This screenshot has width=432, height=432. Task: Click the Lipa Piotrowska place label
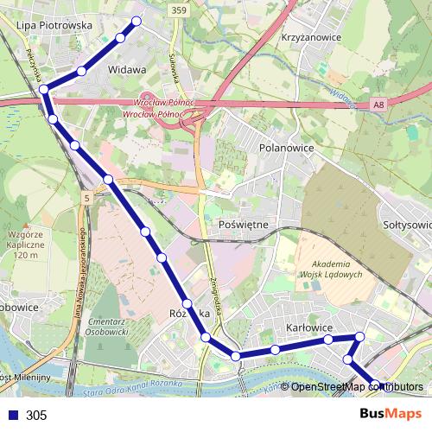click(54, 26)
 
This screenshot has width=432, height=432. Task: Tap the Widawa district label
click(126, 67)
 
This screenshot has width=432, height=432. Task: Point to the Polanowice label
click(286, 148)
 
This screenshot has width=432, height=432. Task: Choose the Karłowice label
click(309, 328)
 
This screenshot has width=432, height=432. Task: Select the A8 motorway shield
click(378, 105)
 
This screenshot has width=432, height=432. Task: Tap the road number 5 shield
click(87, 200)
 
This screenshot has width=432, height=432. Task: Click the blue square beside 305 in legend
click(12, 415)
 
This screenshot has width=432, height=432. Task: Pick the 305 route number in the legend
click(36, 416)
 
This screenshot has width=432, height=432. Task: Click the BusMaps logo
click(390, 414)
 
